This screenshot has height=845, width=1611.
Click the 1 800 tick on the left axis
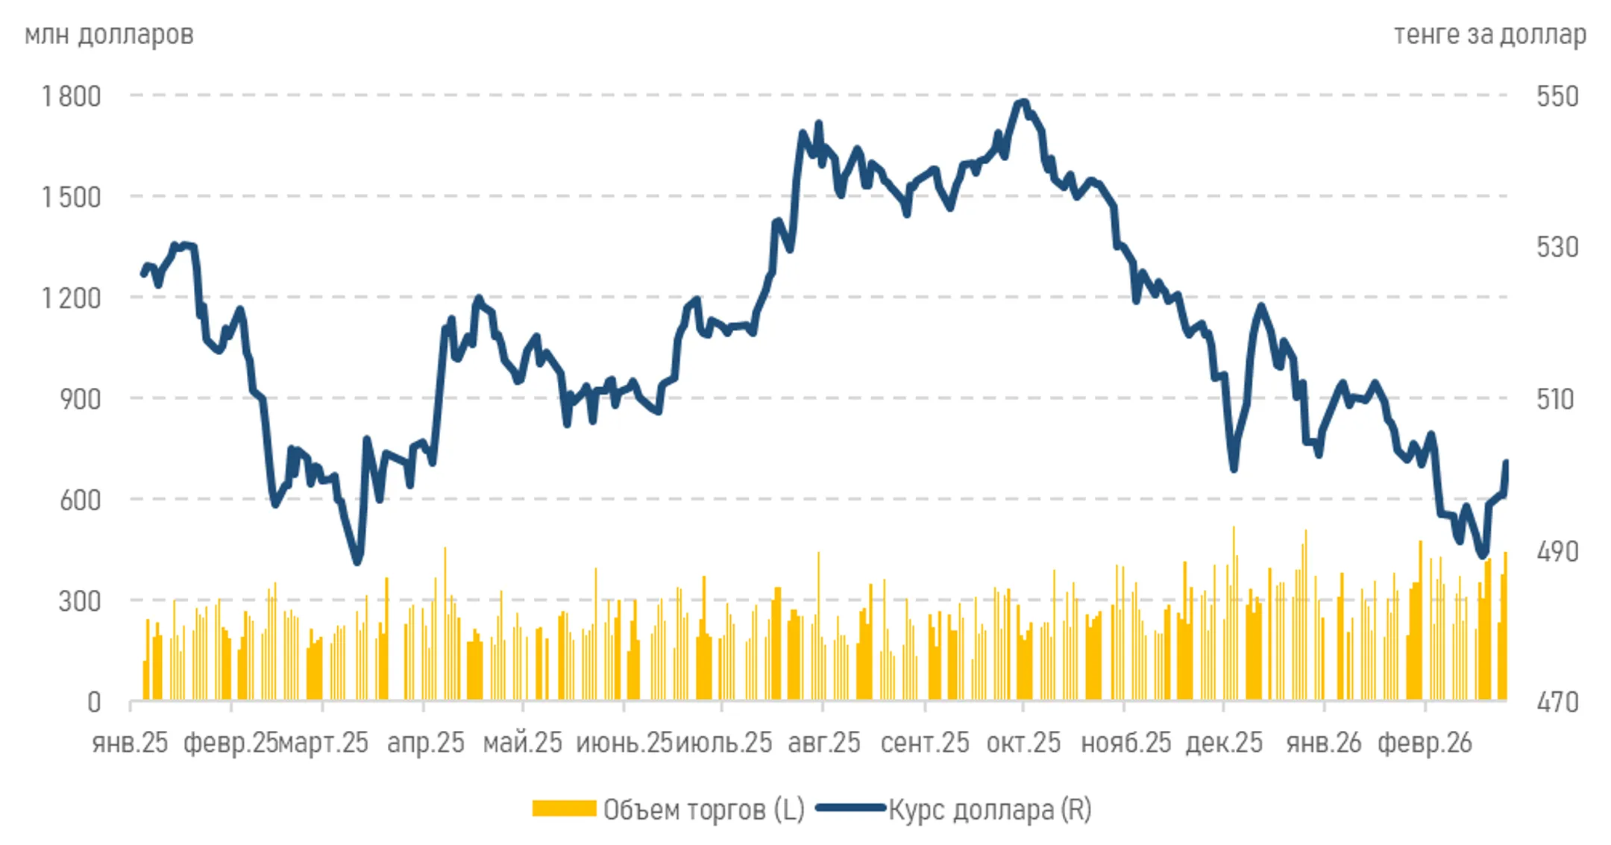(71, 96)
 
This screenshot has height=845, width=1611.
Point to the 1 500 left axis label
(71, 197)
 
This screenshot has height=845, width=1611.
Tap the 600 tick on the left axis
(81, 500)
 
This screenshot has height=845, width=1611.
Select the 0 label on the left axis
(94, 702)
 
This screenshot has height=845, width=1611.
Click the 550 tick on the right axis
(1557, 96)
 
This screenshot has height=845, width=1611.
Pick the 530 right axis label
(1557, 247)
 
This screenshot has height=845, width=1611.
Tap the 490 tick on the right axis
(1557, 551)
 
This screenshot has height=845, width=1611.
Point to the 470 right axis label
(1557, 702)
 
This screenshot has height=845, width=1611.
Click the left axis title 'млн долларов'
(109, 34)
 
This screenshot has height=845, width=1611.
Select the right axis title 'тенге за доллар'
(1490, 34)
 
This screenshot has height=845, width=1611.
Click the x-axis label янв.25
(130, 743)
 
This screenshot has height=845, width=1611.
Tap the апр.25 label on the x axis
(425, 743)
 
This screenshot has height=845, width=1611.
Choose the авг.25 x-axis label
(824, 743)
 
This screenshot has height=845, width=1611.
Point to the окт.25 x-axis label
(1023, 743)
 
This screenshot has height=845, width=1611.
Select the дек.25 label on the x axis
(1224, 743)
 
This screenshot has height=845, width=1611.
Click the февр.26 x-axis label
(1425, 743)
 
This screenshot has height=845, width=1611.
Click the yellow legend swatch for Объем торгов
(564, 809)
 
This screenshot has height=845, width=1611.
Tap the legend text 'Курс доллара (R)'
(990, 809)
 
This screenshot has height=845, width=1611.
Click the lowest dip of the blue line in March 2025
(357, 562)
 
